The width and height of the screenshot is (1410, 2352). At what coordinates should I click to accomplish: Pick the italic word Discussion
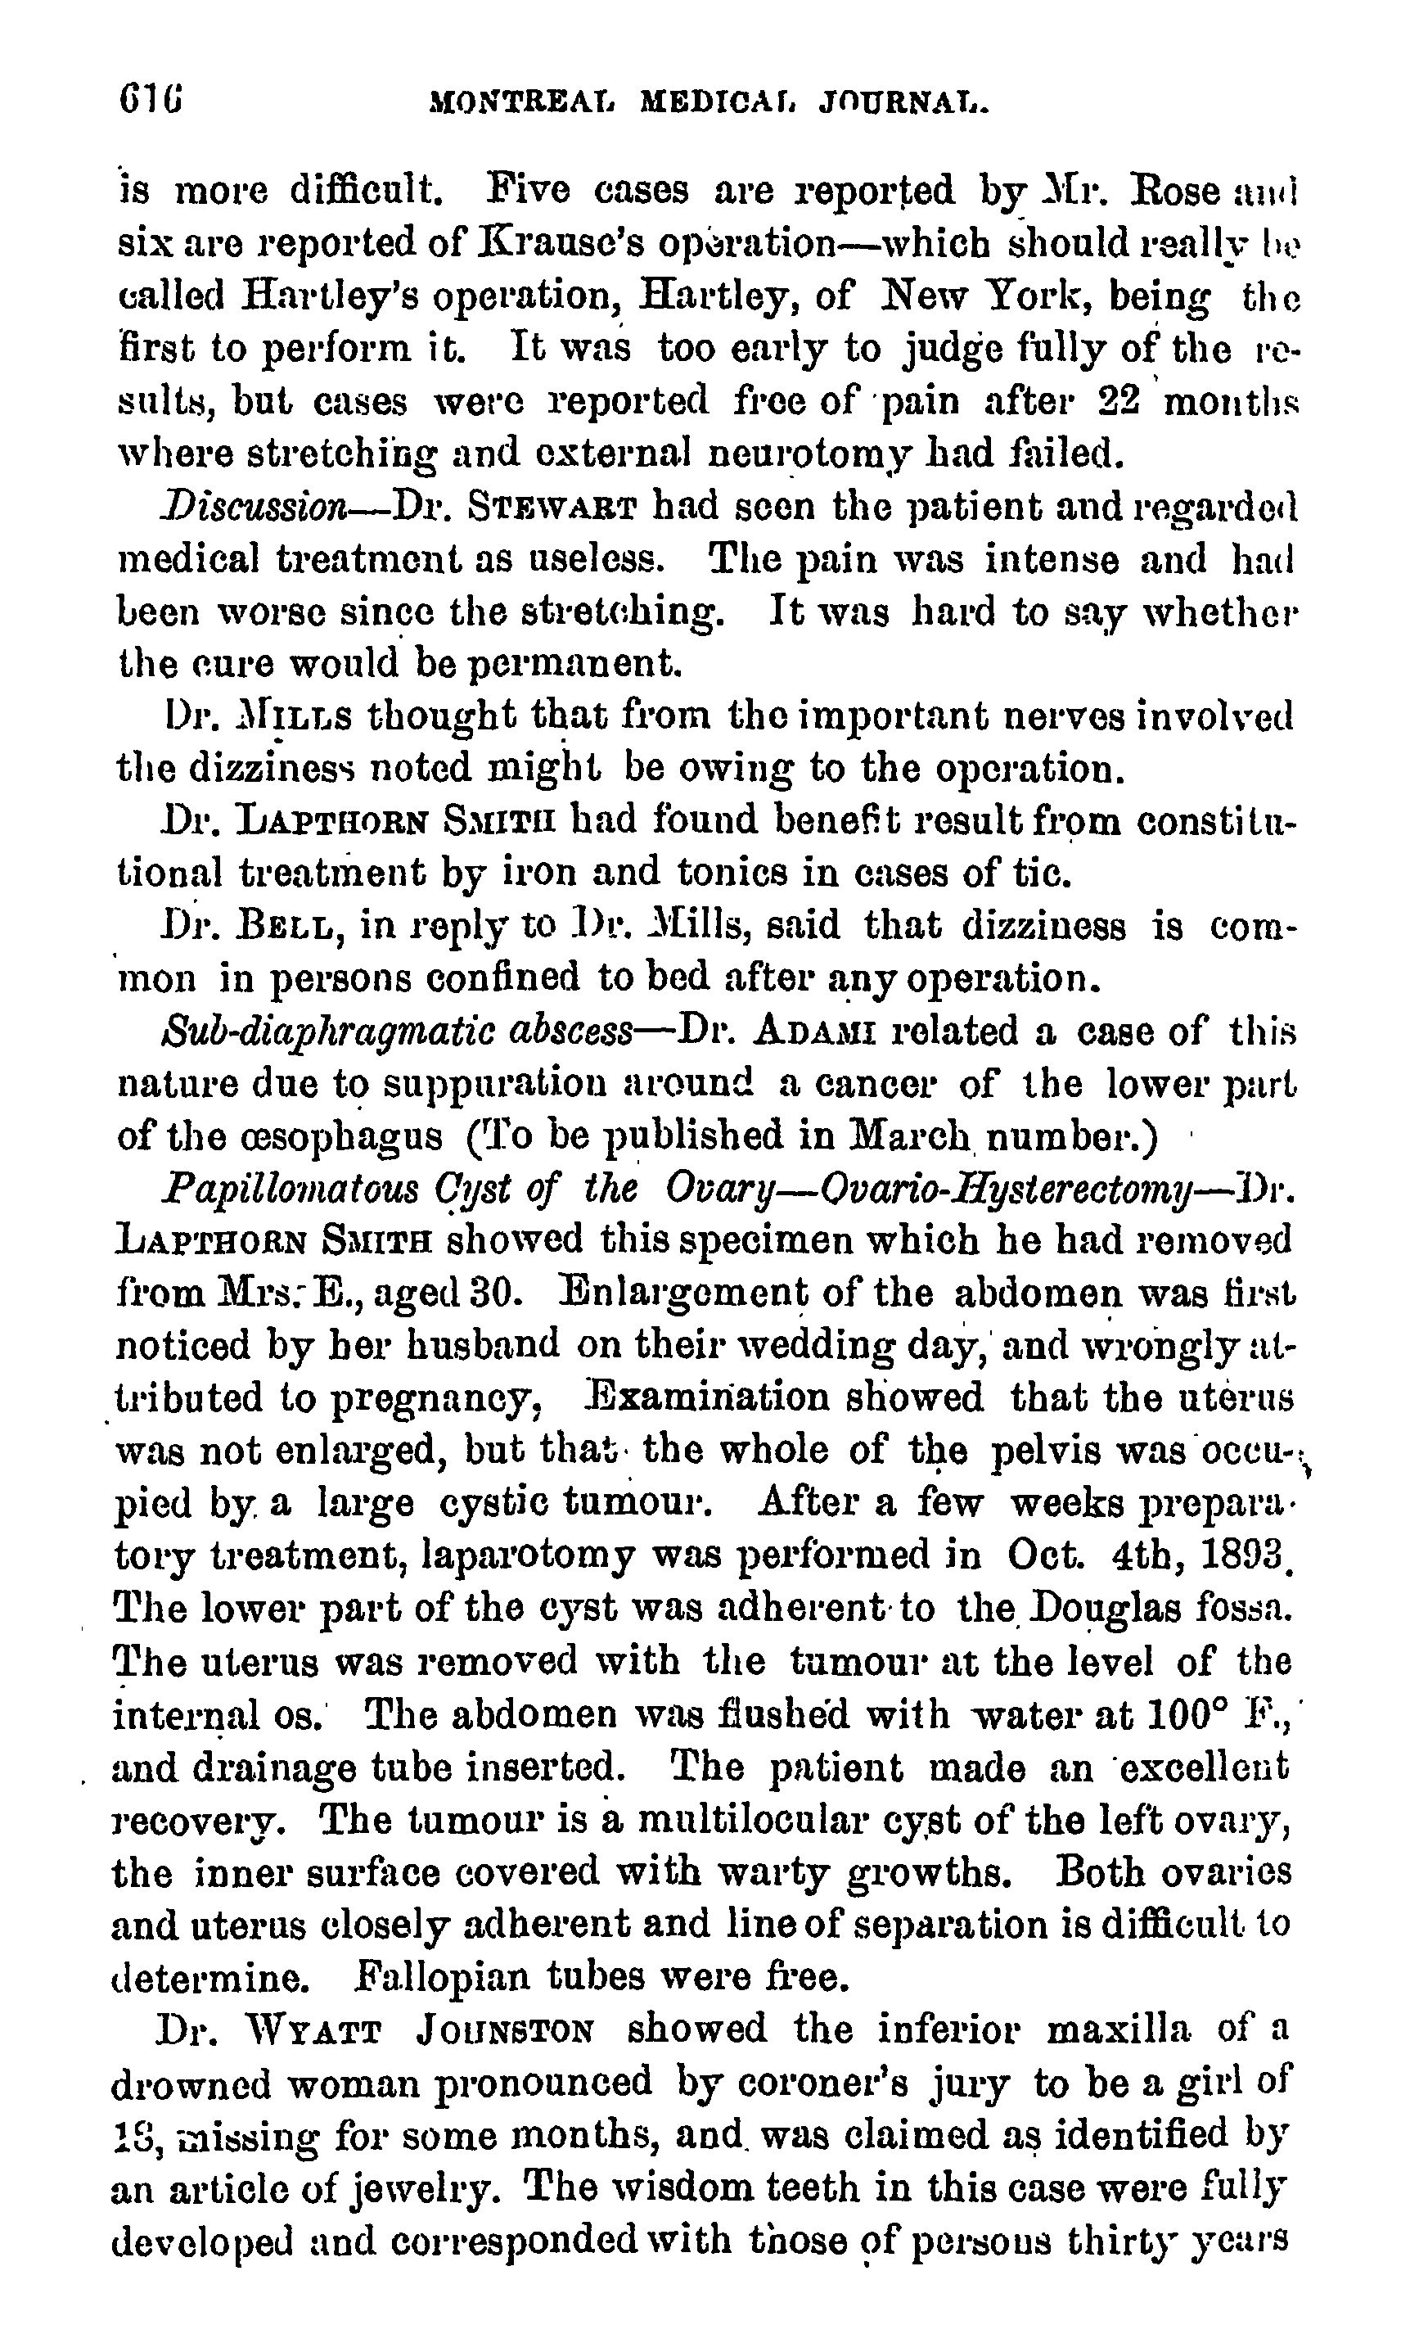pyautogui.click(x=254, y=507)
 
